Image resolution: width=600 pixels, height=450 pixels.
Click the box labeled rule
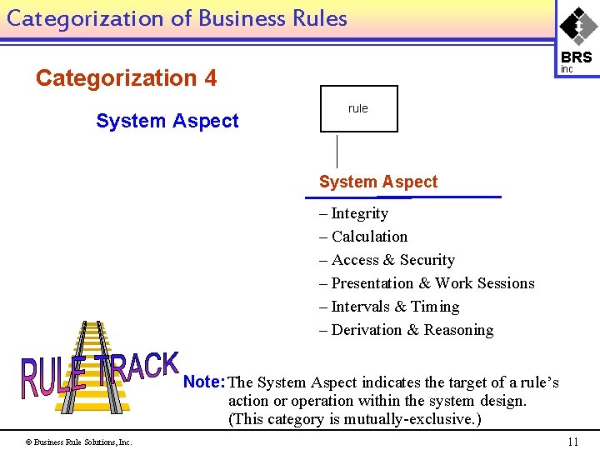pyautogui.click(x=358, y=108)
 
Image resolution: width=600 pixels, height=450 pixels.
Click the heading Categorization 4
pyautogui.click(x=126, y=78)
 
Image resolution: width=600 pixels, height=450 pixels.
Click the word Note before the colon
pyautogui.click(x=200, y=382)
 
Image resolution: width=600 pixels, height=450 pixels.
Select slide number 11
pyautogui.click(x=572, y=442)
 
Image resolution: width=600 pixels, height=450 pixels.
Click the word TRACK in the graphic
pyautogui.click(x=137, y=368)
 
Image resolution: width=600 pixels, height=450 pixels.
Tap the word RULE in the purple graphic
pyautogui.click(x=53, y=377)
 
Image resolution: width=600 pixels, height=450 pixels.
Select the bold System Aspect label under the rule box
pyautogui.click(x=378, y=182)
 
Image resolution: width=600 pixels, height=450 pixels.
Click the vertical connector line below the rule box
pyautogui.click(x=337, y=152)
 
